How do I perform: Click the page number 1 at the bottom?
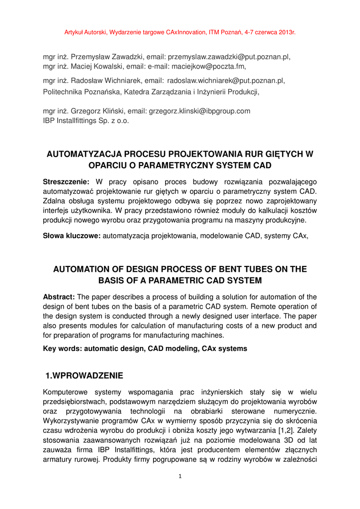[180, 476]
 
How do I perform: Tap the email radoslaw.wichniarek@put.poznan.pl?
[226, 81]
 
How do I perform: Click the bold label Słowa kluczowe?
[72, 236]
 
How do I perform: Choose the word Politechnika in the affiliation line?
[63, 91]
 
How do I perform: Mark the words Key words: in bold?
[62, 349]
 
